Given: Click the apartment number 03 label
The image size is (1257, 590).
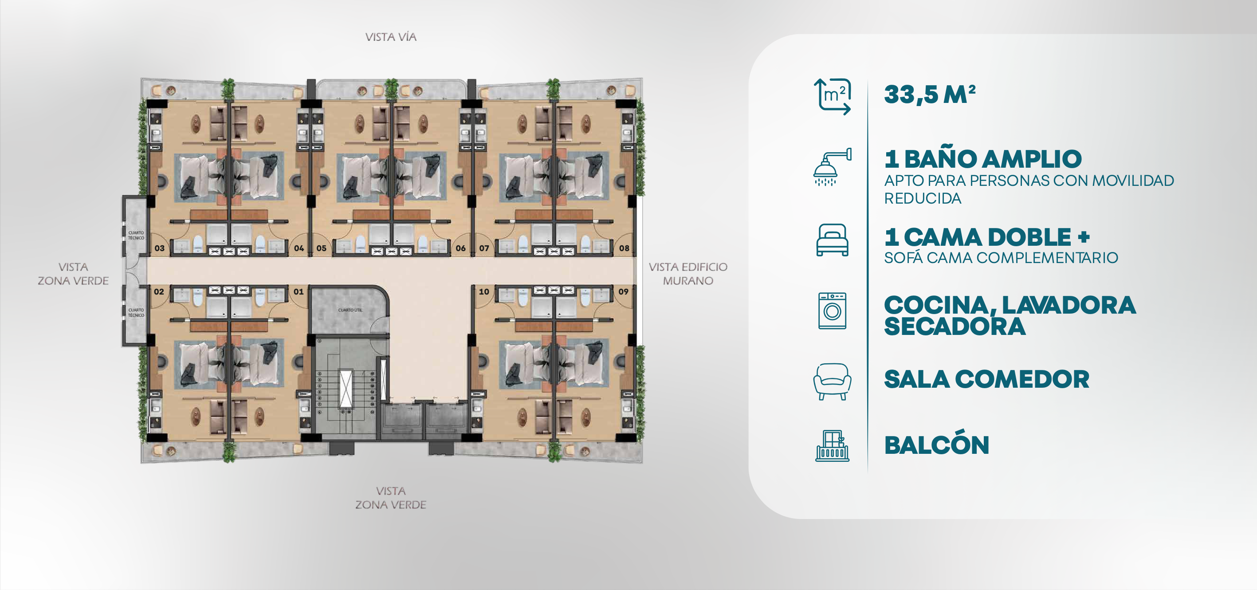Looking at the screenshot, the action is click(160, 248).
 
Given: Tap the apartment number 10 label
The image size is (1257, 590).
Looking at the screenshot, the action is click(483, 291).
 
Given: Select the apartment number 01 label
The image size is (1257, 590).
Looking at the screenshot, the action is click(299, 291).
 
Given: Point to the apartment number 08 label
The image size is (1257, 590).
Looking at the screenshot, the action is click(624, 248).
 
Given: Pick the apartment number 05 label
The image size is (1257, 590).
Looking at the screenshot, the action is click(321, 248).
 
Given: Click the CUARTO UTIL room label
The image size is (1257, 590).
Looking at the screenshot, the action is click(350, 310).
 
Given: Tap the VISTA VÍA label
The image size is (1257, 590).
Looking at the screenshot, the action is click(391, 37).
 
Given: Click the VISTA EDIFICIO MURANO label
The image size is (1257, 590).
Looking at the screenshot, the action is click(688, 274).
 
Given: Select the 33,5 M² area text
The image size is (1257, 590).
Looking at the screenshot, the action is click(930, 94).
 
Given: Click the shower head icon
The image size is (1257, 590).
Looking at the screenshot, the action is click(832, 167).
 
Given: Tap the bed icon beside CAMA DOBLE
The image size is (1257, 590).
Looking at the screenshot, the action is click(833, 240).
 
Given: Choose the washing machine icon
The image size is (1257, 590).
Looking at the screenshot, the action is click(833, 311).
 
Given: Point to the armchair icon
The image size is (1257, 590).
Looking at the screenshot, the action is click(833, 382).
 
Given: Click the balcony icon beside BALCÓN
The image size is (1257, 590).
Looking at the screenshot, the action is click(833, 445).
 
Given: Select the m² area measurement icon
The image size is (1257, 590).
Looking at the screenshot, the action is click(833, 97).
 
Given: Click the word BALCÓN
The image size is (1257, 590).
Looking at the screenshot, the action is click(936, 445).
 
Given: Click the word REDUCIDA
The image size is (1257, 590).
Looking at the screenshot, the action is click(923, 199).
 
